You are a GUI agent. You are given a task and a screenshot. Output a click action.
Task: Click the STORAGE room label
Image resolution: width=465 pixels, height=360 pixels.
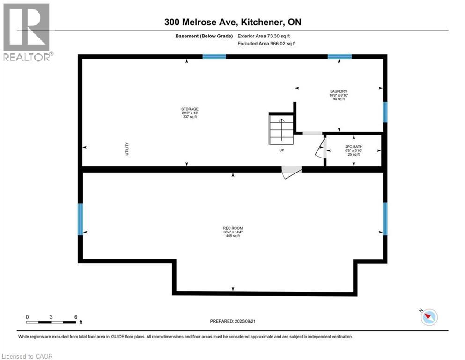187,109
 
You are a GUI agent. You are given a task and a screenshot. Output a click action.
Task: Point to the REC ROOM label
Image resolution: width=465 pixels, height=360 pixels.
232,229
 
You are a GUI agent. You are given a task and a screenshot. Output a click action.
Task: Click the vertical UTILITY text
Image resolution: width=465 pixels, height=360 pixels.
127,149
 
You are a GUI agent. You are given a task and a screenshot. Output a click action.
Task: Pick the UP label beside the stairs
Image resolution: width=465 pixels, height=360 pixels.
282,150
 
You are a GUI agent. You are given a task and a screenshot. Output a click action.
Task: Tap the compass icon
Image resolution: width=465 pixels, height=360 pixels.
429,317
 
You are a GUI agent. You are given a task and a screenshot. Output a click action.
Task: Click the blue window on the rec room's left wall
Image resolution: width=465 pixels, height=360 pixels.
81,219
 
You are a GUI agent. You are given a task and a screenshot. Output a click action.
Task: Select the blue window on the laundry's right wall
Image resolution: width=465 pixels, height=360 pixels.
385,112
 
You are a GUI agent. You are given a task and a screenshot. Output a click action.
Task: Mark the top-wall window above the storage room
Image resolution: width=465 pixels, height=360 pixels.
214,56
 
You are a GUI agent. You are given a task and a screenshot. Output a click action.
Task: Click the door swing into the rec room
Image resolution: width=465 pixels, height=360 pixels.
290,172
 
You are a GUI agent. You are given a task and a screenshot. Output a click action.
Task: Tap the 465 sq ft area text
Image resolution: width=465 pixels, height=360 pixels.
232,236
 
